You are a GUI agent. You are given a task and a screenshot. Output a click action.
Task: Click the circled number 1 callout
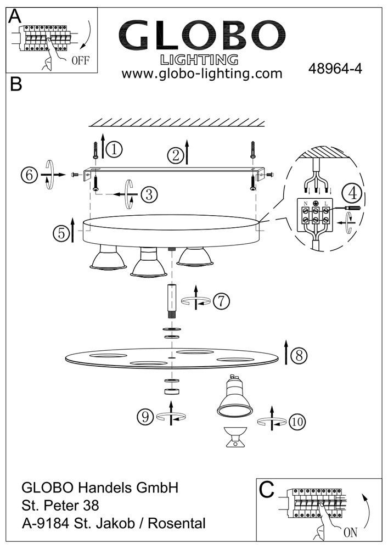[114, 148]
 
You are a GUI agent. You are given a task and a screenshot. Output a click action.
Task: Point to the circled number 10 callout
[296, 422]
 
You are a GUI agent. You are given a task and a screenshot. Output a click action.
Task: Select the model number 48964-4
[336, 70]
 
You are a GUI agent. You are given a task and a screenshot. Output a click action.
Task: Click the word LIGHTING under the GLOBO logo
[198, 59]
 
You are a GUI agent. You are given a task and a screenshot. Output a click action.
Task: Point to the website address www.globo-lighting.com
[201, 74]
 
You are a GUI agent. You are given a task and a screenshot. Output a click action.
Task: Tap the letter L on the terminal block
[327, 203]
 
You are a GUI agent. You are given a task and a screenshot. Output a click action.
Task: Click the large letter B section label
[16, 85]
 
